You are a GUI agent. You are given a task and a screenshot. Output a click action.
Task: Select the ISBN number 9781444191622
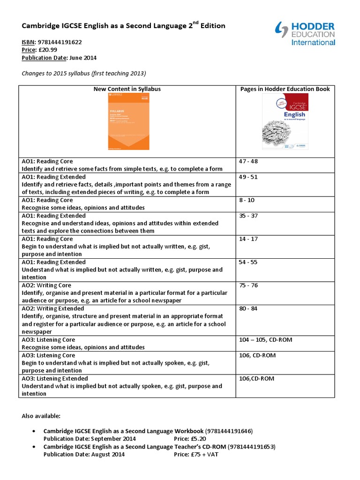coord(60,42)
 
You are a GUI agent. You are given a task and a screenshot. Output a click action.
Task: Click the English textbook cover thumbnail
coord(285,121)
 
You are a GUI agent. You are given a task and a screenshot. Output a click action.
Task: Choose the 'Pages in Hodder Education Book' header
coord(285,89)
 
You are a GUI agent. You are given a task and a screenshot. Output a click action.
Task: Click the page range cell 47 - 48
coord(248,161)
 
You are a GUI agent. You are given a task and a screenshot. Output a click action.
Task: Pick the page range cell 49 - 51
coord(248,177)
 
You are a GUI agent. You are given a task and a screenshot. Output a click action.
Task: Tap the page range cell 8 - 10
coord(247,200)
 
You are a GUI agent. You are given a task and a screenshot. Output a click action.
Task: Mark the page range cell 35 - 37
coord(248,216)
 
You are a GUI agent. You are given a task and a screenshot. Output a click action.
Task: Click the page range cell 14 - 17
coord(248,239)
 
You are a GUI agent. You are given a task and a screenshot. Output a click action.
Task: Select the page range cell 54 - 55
coord(248,262)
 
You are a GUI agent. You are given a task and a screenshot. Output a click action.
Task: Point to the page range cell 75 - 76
coord(248,285)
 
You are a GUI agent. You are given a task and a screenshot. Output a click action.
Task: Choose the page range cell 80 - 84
coord(248,308)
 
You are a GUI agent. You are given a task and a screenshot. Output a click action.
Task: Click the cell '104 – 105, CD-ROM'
coord(265,339)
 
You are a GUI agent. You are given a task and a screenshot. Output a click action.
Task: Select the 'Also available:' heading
coord(41,416)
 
